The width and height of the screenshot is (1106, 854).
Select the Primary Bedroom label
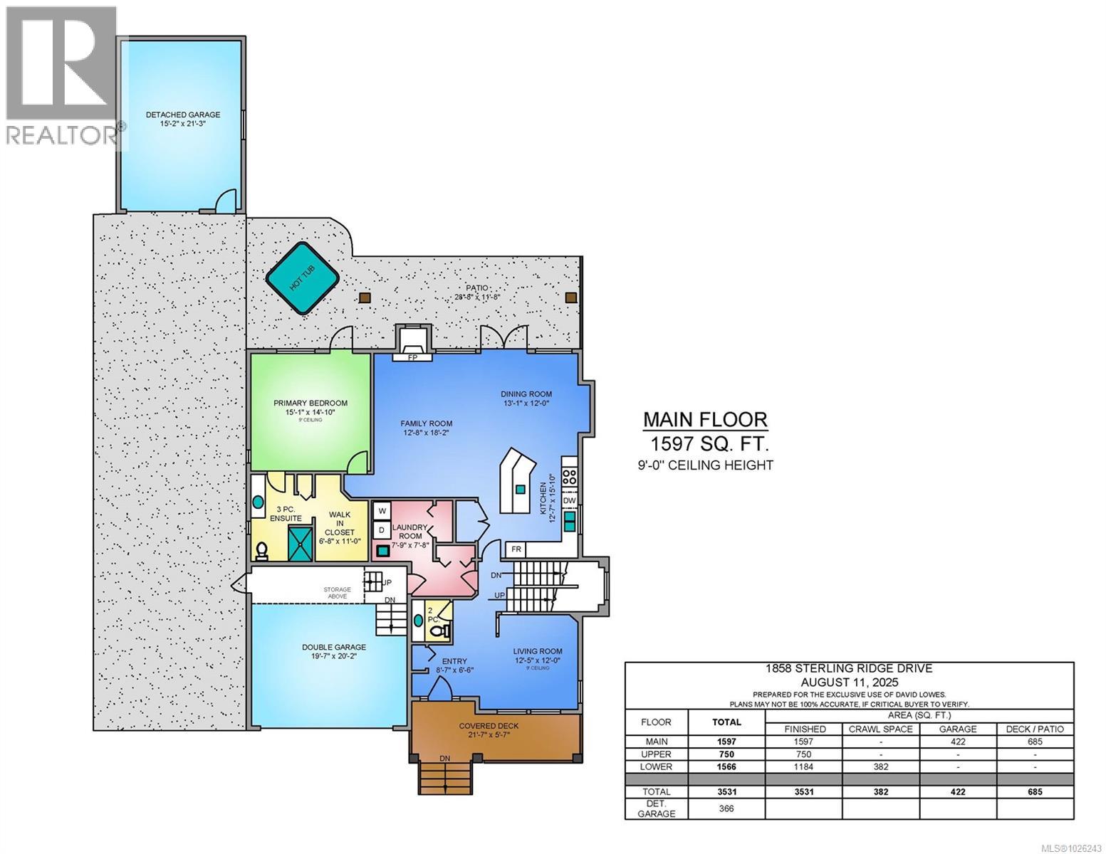311,407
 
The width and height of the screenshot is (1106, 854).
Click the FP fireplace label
412,357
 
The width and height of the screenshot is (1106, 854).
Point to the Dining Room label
526,398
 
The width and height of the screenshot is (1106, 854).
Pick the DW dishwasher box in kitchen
569,500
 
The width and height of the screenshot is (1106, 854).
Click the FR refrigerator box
516,549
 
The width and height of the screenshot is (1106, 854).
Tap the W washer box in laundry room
382,510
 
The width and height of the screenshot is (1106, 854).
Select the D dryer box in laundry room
382,530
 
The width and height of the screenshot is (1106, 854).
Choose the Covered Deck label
489,729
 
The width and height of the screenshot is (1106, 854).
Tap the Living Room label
538,655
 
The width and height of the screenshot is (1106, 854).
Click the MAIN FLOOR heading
705,419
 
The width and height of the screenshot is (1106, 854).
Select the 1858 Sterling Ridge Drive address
848,668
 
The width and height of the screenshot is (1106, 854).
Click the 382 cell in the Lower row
880,766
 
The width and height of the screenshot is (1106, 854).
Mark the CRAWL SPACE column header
880,729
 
